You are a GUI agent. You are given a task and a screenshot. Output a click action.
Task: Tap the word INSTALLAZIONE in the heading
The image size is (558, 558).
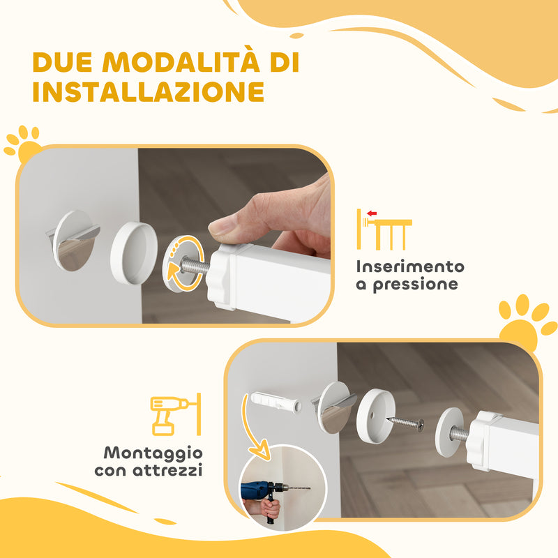pyautogui.click(x=149, y=91)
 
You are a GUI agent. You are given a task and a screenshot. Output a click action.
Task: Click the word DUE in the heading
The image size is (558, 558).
pyautogui.click(x=63, y=63)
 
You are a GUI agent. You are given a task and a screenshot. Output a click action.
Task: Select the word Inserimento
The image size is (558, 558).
pyautogui.click(x=410, y=266)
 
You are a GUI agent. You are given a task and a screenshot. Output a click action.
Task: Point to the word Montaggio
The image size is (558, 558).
pyautogui.click(x=149, y=453)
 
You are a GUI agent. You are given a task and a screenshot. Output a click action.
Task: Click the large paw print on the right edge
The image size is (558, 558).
pyautogui.click(x=527, y=322)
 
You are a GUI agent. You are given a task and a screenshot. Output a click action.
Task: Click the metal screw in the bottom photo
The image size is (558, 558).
pyautogui.click(x=406, y=423)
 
